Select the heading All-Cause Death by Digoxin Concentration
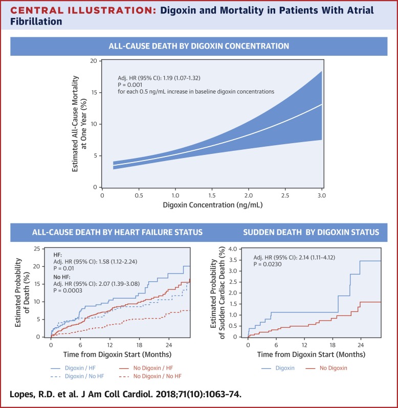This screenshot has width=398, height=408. coord(198,46)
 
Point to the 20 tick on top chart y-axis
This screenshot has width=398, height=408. coord(94,61)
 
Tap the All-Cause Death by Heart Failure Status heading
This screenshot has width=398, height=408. coord(107,233)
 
